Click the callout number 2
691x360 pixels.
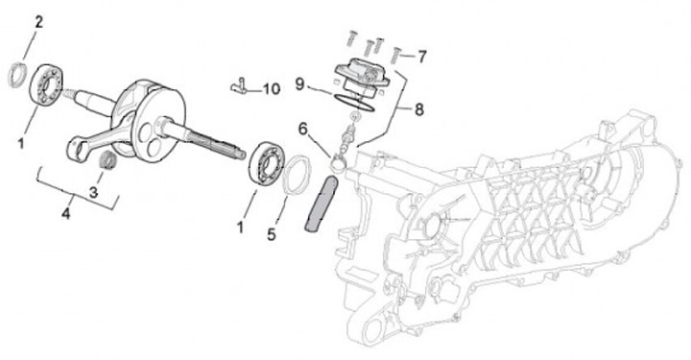pyautogui.click(x=39, y=22)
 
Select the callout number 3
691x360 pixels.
pyautogui.click(x=93, y=193)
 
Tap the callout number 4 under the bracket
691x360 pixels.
pyautogui.click(x=65, y=214)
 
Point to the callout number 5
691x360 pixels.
pyautogui.click(x=272, y=234)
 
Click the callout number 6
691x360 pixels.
pyautogui.click(x=302, y=129)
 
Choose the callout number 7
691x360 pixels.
pyautogui.click(x=421, y=57)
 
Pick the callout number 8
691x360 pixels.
pyautogui.click(x=418, y=109)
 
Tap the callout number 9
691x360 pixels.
pyautogui.click(x=299, y=84)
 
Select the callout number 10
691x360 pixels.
pyautogui.click(x=272, y=89)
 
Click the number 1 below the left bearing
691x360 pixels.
pyautogui.click(x=20, y=143)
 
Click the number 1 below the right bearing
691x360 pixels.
pyautogui.click(x=240, y=228)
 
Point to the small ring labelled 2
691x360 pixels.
pyautogui.click(x=16, y=75)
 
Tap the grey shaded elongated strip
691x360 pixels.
pyautogui.click(x=322, y=204)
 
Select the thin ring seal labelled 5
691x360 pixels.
pyautogui.click(x=297, y=175)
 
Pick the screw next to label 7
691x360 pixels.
pyautogui.click(x=396, y=56)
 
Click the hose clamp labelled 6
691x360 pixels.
pyautogui.click(x=339, y=161)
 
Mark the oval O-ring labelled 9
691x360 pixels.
pyautogui.click(x=353, y=102)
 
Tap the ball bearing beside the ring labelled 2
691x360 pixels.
pyautogui.click(x=48, y=85)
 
